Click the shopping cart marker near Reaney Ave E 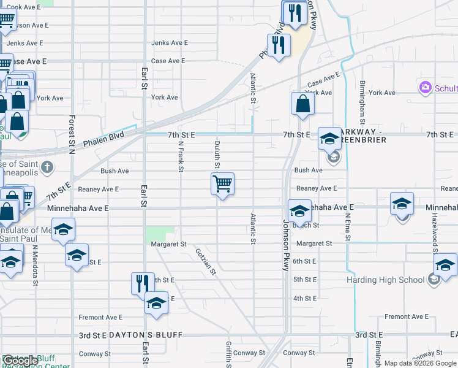coord(222,183)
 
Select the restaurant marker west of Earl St coord(142,283)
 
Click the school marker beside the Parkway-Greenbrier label coord(329,139)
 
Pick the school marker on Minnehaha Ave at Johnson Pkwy coord(299,211)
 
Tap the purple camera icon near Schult coord(426,88)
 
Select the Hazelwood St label coord(434,229)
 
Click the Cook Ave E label coord(23,7)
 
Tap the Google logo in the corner coord(20,361)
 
